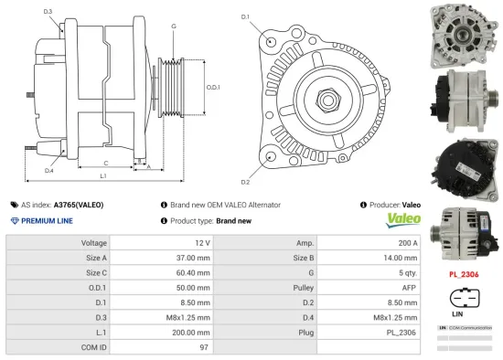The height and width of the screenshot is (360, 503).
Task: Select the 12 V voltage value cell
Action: point(201,243)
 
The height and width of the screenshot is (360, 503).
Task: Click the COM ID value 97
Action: point(204,347)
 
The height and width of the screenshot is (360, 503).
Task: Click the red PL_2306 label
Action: point(463,273)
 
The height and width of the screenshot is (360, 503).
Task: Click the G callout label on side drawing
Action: point(173,26)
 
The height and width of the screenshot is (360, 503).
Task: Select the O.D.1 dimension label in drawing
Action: point(212,87)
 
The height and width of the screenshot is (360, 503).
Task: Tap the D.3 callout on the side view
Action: point(48,12)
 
